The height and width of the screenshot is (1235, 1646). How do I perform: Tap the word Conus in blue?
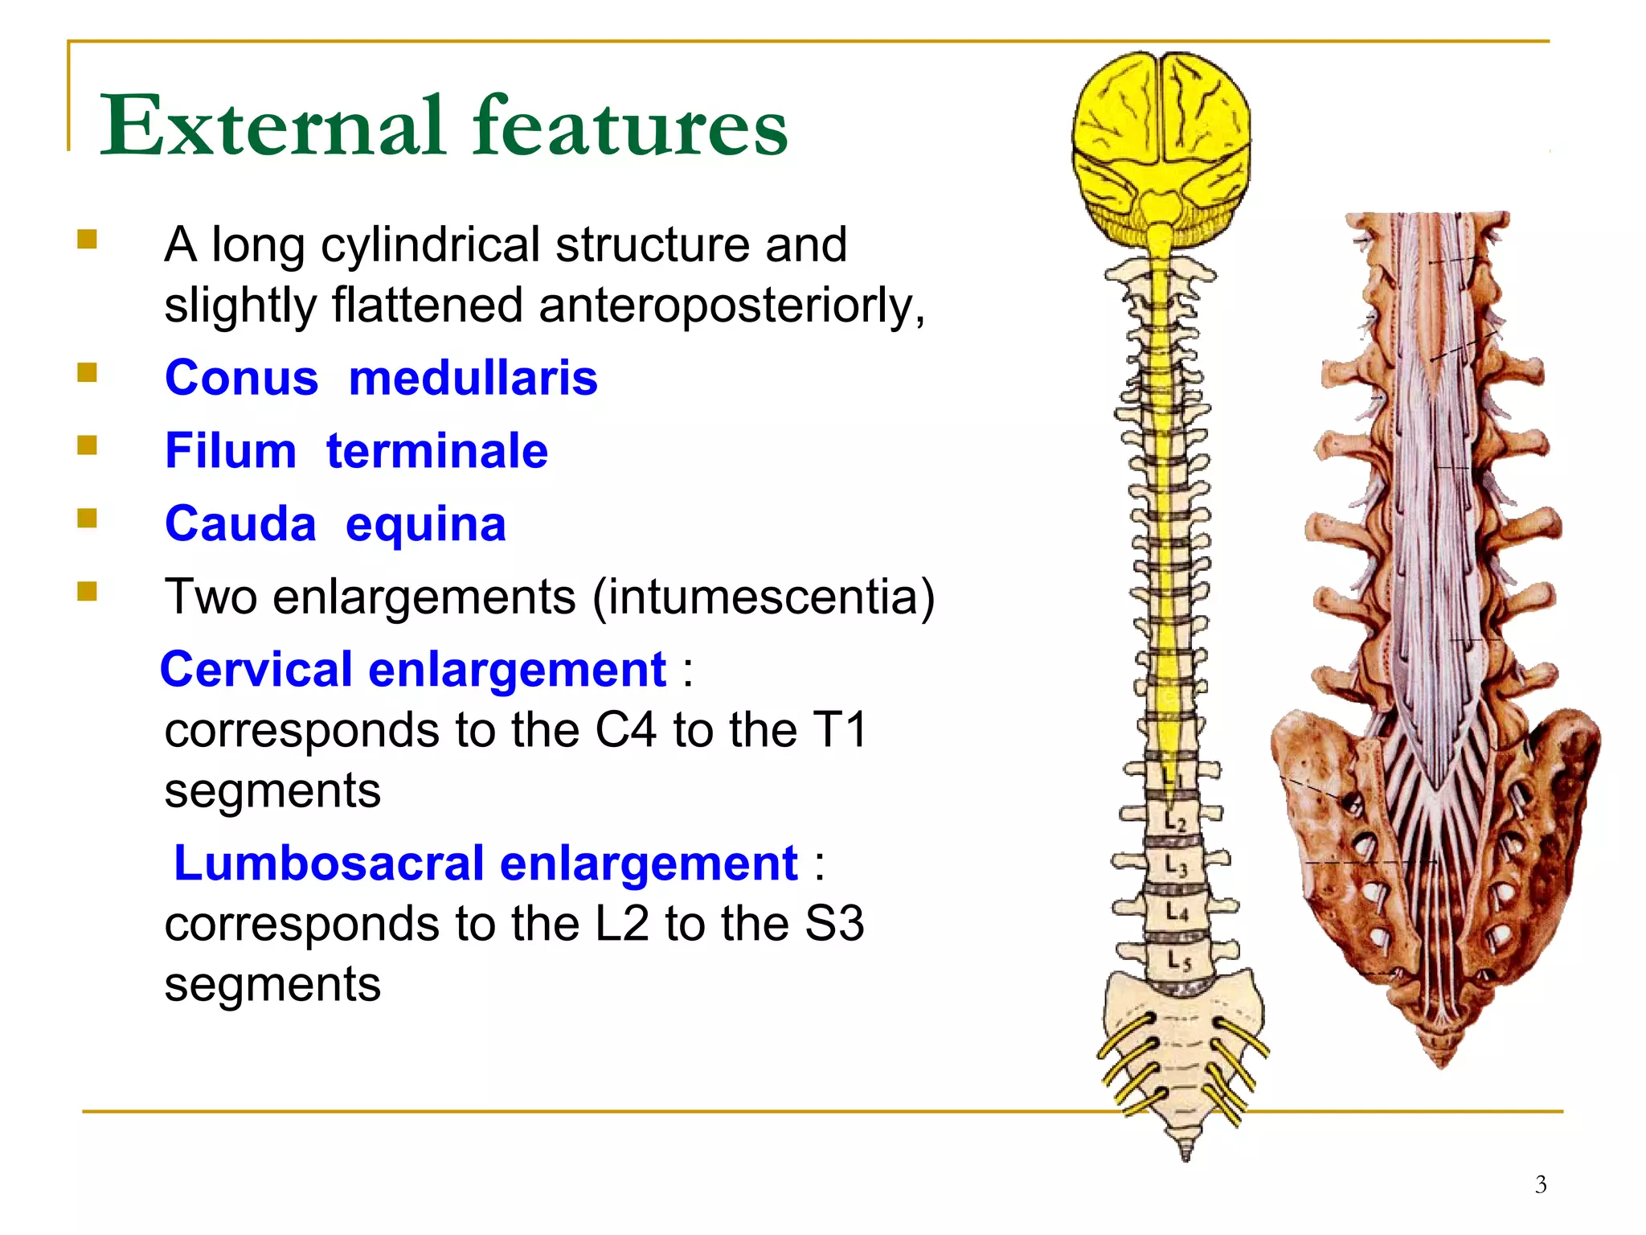tap(241, 378)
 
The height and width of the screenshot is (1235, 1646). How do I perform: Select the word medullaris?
tap(473, 378)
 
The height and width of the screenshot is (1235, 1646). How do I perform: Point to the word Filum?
tap(231, 450)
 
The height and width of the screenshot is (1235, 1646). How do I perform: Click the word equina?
tap(426, 524)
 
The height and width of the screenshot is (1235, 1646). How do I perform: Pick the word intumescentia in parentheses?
tap(764, 597)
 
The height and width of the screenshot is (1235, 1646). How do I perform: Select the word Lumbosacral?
tap(329, 864)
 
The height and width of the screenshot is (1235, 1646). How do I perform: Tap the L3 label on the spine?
tap(1176, 866)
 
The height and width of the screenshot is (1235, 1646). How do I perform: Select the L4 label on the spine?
tap(1177, 912)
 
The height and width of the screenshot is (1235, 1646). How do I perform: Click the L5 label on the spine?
tap(1178, 960)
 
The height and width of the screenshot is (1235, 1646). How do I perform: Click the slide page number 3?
tap(1540, 1184)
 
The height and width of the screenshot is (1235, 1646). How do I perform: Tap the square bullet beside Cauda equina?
tap(88, 519)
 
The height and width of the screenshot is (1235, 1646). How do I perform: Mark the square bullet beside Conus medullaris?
tap(88, 372)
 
